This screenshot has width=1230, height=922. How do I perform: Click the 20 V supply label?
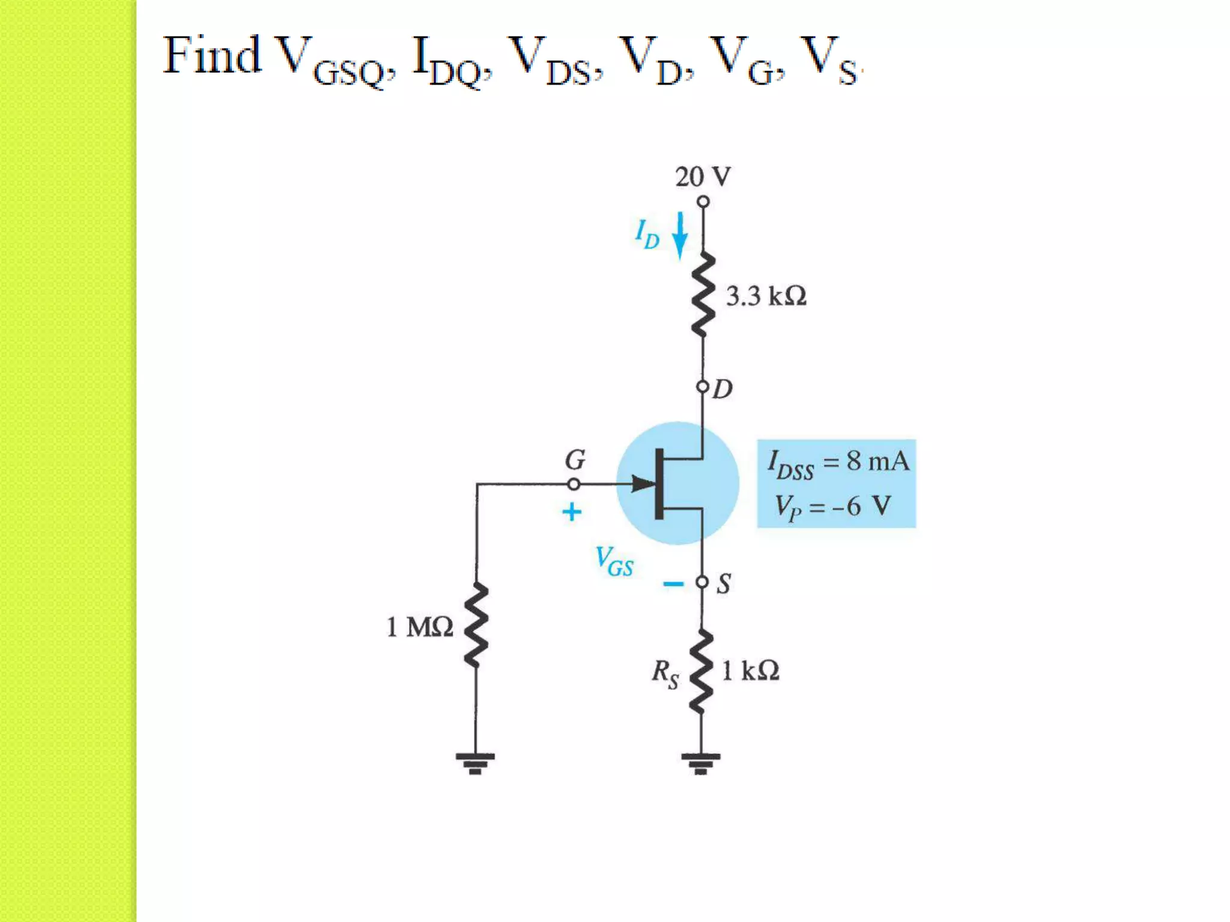703,177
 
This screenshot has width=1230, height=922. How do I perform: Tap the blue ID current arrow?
680,235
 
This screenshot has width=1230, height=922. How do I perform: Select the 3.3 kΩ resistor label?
766,296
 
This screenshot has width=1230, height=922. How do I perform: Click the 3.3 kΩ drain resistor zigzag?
703,294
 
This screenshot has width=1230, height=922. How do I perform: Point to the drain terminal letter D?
723,390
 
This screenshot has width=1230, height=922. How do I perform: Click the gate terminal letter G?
575,460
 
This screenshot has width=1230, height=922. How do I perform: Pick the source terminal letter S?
724,583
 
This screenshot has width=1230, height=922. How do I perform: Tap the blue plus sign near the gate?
572,512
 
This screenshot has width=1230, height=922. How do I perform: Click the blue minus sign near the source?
673,583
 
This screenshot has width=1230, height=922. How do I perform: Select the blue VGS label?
614,561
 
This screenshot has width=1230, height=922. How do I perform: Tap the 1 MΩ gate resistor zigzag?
476,624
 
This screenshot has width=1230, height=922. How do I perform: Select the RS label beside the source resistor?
665,673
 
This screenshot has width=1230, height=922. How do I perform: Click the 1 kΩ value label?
750,671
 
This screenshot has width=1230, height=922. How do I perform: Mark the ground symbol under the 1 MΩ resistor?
475,763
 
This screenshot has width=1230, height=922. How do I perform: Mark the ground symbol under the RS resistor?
700,763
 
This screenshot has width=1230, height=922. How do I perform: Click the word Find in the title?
212,55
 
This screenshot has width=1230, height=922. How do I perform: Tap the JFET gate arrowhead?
643,483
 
